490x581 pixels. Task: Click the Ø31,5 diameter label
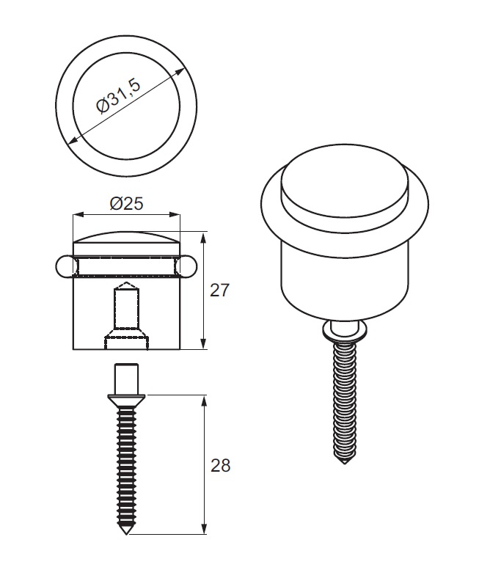click(x=118, y=95)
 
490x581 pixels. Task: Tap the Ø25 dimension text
click(x=126, y=203)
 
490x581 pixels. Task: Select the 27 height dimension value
click(x=219, y=290)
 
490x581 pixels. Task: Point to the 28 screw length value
click(x=220, y=465)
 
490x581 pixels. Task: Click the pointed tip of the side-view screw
click(x=126, y=533)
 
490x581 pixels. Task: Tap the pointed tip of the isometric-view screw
click(x=345, y=463)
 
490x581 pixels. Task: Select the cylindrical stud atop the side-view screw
click(x=127, y=379)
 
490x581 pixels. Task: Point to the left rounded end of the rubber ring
click(x=65, y=266)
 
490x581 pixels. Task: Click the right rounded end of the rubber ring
click(x=188, y=266)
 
